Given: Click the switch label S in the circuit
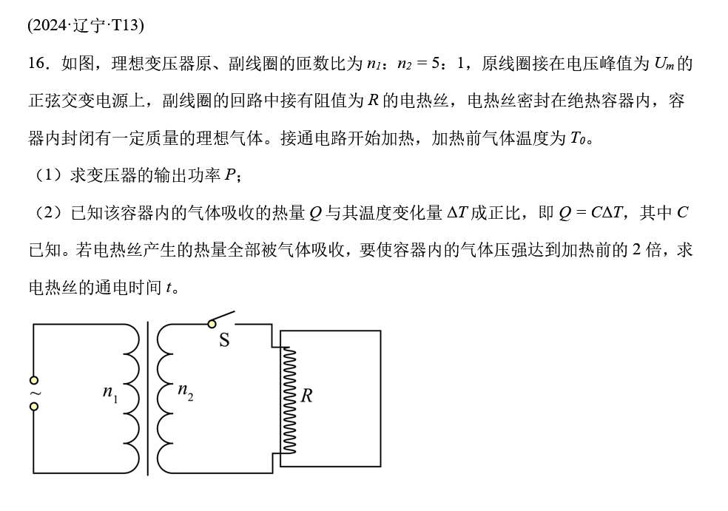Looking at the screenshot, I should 224,340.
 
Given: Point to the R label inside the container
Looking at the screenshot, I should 306,396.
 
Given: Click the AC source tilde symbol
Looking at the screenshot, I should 34,393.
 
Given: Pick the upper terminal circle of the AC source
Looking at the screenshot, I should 34,380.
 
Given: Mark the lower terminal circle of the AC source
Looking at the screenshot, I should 34,406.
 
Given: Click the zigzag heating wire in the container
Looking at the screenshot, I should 289,399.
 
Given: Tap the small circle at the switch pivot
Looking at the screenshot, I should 212,324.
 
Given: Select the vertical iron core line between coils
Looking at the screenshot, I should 148,398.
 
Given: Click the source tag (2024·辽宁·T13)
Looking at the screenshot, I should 86,25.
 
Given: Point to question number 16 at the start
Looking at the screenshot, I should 38,64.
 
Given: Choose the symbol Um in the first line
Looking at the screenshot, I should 664,64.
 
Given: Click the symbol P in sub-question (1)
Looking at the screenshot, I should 230,175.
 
